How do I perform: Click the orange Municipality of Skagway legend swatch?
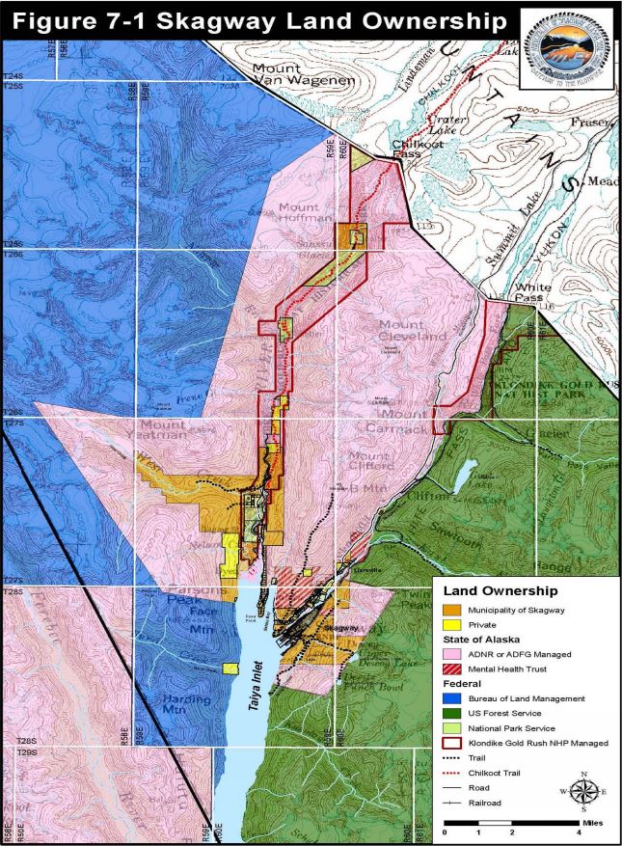tap(451, 610)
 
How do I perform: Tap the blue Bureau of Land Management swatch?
tap(451, 697)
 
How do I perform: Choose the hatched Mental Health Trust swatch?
tap(451, 668)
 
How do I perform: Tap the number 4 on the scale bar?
tap(578, 831)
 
